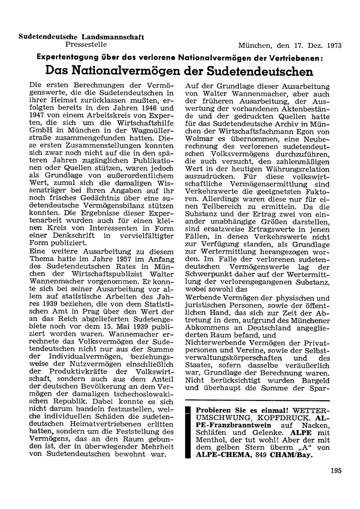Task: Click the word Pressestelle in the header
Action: pos(86,45)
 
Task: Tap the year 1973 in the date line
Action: pos(334,46)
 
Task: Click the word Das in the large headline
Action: pos(57,71)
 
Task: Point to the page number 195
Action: pos(334,470)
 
